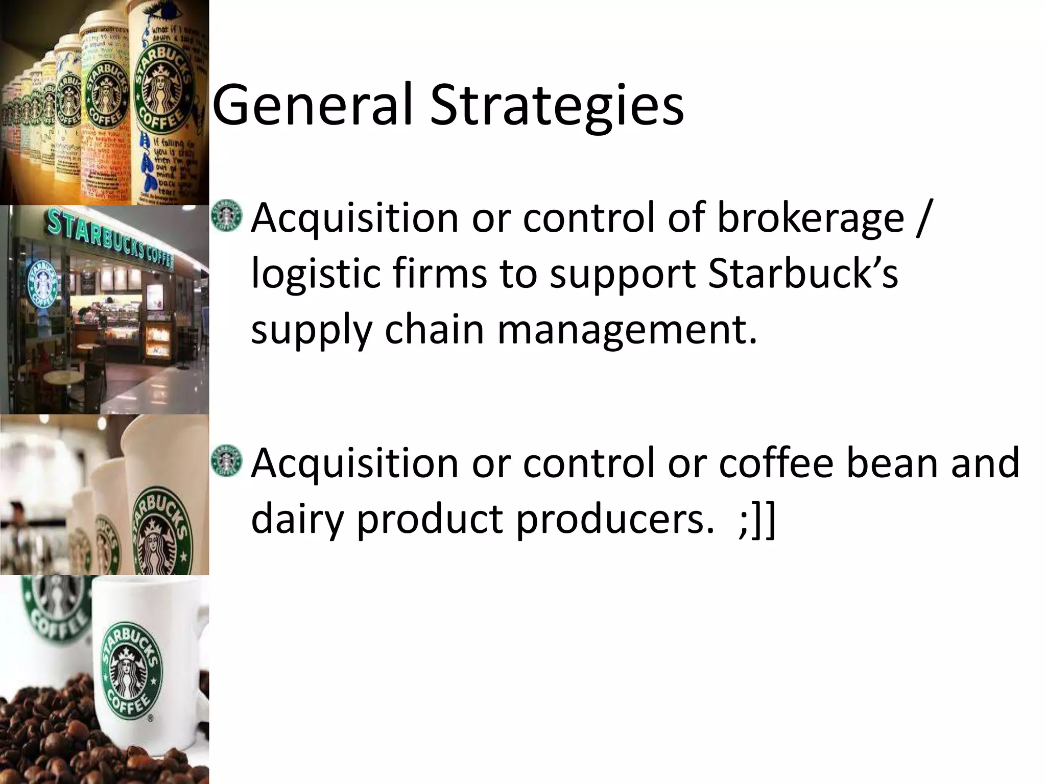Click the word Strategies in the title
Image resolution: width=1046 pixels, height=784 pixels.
[556, 106]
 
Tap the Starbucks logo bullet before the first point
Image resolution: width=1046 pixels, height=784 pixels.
[226, 217]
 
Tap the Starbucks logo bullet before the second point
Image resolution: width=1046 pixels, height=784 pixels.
[226, 461]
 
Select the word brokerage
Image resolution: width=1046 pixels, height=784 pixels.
[811, 218]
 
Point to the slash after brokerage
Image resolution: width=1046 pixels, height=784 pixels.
[921, 218]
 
